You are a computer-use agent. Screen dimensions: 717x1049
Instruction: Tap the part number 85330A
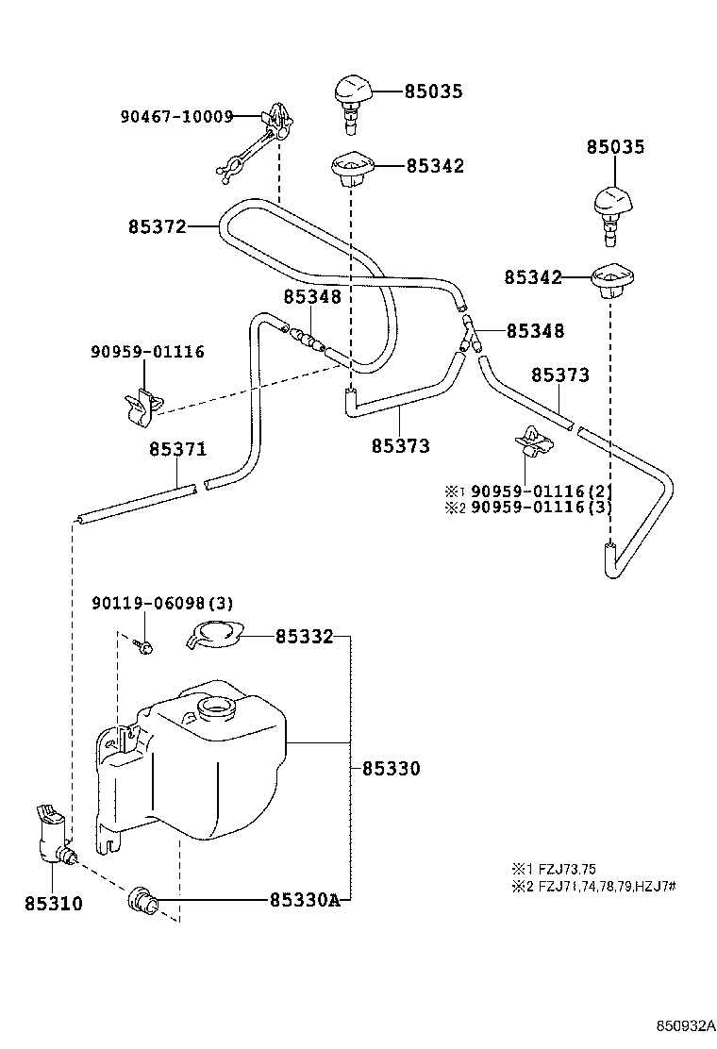[x=305, y=901]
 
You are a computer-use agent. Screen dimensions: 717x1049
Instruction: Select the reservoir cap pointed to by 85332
[x=215, y=634]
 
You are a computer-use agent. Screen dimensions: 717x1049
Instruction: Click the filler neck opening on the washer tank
[x=215, y=707]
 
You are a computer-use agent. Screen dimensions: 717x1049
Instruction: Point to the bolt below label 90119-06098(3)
[x=144, y=645]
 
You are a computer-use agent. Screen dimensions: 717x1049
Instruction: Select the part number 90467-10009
[x=176, y=117]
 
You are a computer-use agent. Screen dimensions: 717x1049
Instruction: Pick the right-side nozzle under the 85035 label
[x=614, y=213]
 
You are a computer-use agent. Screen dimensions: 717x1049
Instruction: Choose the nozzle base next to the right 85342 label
[x=612, y=282]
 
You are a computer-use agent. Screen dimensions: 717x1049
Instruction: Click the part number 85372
[x=158, y=226]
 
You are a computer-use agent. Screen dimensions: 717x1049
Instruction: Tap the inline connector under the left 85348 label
[x=306, y=338]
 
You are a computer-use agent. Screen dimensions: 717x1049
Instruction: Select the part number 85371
[x=178, y=449]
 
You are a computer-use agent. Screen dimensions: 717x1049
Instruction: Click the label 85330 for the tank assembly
[x=392, y=769]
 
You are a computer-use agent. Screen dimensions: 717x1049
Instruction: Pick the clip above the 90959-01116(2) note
[x=534, y=442]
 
